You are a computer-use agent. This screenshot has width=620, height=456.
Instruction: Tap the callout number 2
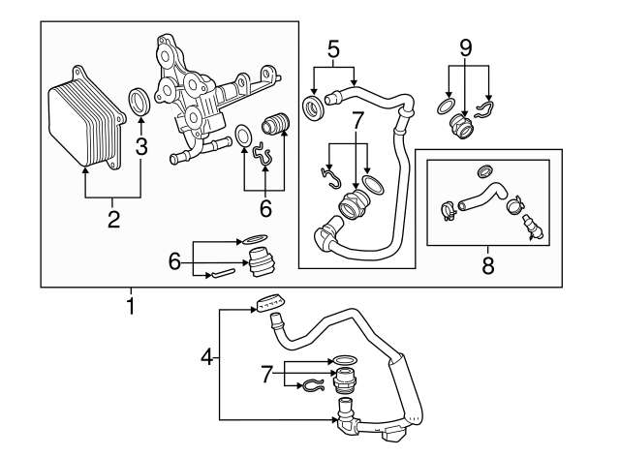click(113, 219)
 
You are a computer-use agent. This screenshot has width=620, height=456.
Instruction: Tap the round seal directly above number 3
click(140, 100)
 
